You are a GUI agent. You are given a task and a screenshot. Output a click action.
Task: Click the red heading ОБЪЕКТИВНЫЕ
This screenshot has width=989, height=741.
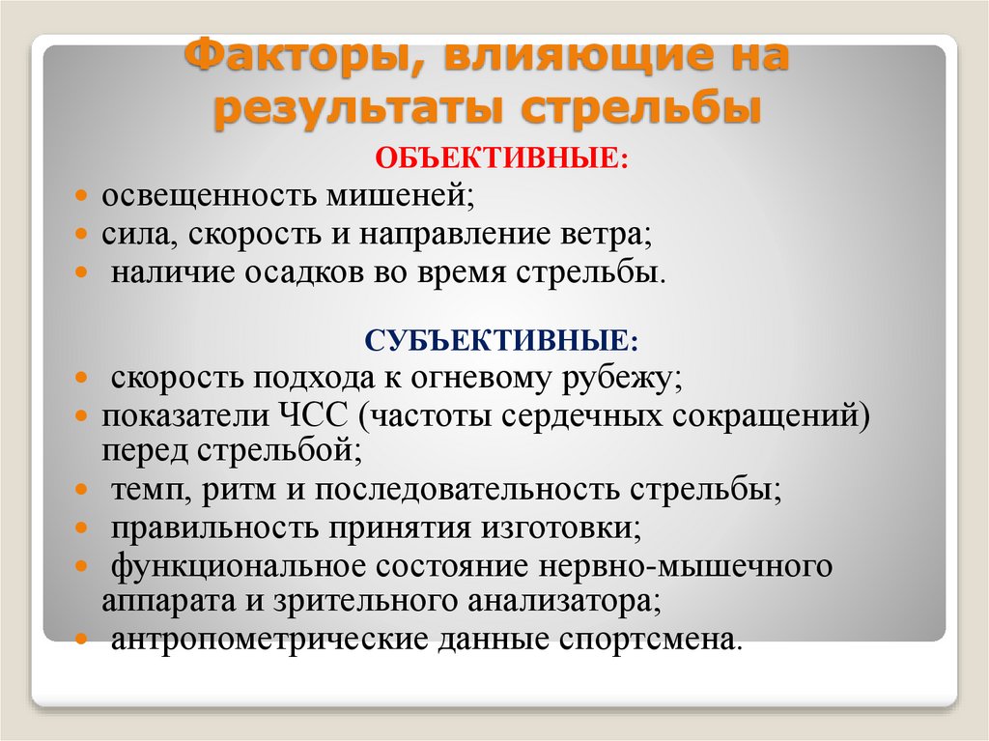click(494, 157)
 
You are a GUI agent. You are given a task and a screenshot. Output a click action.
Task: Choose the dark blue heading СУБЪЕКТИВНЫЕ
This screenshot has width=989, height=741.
click(501, 340)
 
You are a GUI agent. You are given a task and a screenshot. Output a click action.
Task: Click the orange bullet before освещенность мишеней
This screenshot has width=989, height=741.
click(84, 196)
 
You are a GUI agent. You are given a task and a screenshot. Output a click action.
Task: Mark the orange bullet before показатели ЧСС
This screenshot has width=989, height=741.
click(84, 416)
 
